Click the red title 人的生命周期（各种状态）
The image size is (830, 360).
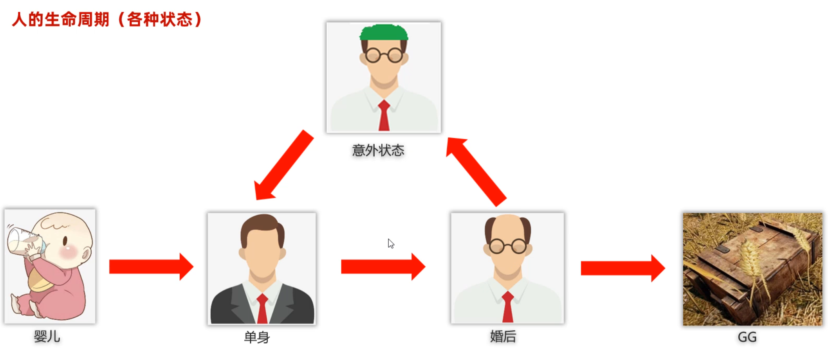click(106, 20)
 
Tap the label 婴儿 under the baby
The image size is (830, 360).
click(47, 337)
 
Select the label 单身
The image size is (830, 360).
click(257, 337)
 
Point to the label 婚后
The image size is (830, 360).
click(503, 337)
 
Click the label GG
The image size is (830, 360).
click(747, 337)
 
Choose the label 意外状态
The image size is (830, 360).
click(378, 150)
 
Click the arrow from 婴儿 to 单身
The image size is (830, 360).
click(151, 266)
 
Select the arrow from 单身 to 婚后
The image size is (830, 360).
click(383, 266)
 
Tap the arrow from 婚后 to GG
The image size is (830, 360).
click(623, 268)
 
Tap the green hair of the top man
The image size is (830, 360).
click(384, 32)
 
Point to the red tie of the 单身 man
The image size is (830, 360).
click(262, 309)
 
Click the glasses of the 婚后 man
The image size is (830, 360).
click(508, 246)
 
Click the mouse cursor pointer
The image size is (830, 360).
click(391, 243)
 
